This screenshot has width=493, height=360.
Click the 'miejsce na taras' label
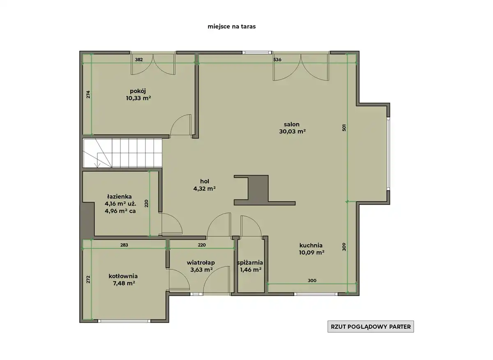pos(232,26)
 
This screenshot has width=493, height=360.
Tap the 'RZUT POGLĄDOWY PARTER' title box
pos(371,327)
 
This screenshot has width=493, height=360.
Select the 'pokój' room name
pos(138,91)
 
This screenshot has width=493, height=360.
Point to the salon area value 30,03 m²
pos(292,132)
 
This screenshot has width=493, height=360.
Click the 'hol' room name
pos(205,181)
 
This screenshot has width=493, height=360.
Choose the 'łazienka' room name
pos(120,196)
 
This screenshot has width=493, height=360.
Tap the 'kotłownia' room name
pos(123,276)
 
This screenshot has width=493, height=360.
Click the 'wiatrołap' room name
pos(201,263)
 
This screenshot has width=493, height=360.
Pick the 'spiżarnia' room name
pos(250,263)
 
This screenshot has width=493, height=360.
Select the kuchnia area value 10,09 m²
pos(311,252)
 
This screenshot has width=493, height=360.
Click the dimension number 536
pos(277,60)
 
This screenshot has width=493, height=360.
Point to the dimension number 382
pos(139,60)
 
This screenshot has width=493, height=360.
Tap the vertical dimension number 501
pos(344,128)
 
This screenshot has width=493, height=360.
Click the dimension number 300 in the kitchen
pos(312,280)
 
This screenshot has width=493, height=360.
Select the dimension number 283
pos(124,245)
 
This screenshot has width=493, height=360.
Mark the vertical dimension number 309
pos(344,247)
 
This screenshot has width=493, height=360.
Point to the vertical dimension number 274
pos(88,95)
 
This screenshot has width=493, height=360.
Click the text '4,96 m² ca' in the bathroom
pos(120,211)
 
